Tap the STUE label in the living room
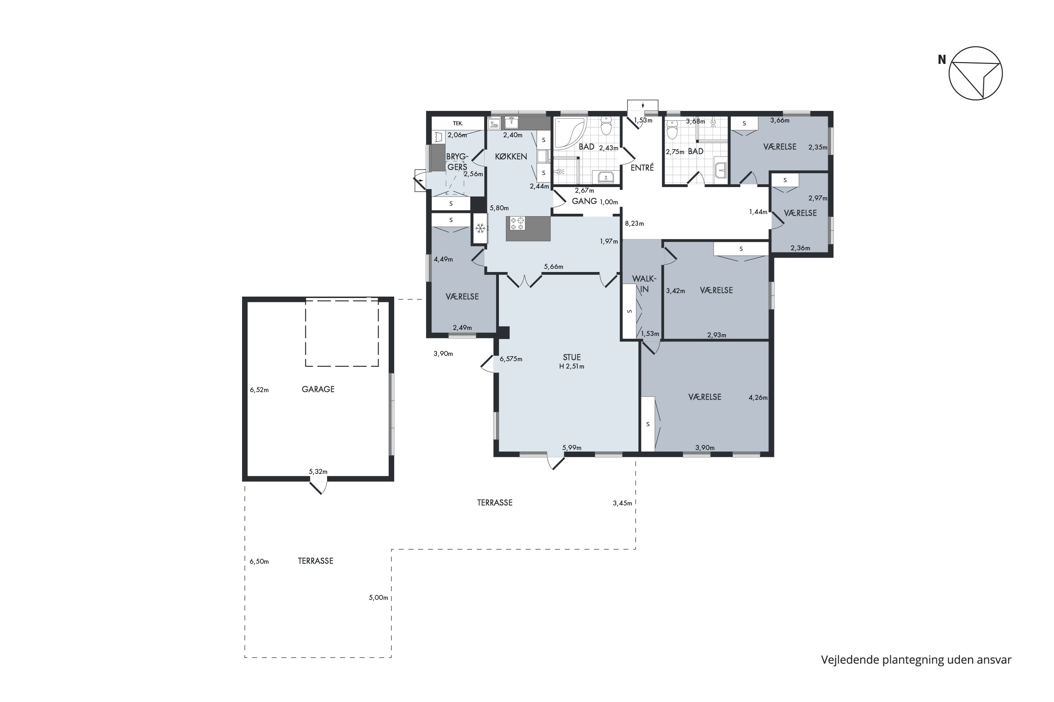(572, 357)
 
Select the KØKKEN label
(511, 156)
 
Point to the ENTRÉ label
(642, 167)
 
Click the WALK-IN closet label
(644, 284)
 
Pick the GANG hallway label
(584, 201)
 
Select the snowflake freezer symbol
(480, 229)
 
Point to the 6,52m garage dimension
(260, 390)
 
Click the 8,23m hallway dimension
(635, 223)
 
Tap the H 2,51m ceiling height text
(572, 366)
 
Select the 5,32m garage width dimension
(318, 471)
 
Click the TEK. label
(457, 123)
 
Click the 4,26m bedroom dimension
(758, 398)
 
